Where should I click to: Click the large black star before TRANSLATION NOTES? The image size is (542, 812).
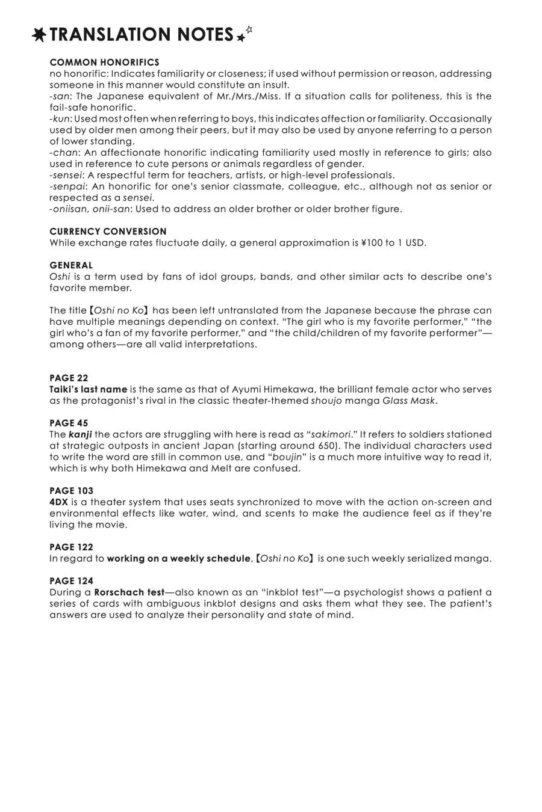click(x=39, y=35)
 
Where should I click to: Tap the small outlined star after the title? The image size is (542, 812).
click(x=249, y=29)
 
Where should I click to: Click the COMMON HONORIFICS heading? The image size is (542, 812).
click(x=104, y=63)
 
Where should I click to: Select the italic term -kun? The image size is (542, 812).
click(x=60, y=118)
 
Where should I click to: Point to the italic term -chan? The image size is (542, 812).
click(x=63, y=153)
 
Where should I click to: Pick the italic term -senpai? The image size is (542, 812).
click(x=67, y=186)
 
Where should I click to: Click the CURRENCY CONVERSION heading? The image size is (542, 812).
click(x=108, y=232)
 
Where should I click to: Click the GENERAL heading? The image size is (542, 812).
click(x=71, y=265)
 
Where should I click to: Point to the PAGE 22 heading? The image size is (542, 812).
click(x=69, y=378)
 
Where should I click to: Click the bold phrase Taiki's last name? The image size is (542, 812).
click(x=88, y=390)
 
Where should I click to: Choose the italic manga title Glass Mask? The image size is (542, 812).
click(x=408, y=401)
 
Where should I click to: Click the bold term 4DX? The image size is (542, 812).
click(x=58, y=502)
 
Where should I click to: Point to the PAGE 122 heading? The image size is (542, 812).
click(x=71, y=547)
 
